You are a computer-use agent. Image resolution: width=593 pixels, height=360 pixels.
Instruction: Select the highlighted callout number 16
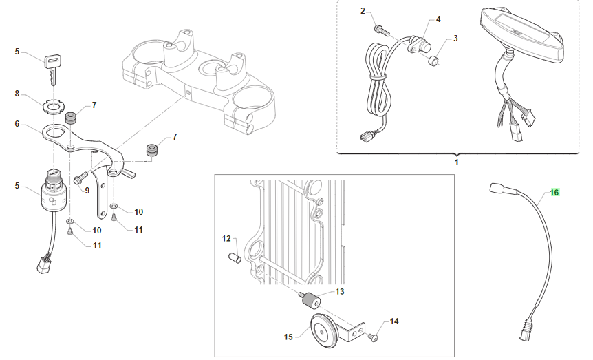click(x=554, y=193)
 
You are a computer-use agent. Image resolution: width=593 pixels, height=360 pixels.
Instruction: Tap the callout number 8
click(x=17, y=93)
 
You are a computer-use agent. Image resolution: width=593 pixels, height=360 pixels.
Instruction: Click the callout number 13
click(x=339, y=292)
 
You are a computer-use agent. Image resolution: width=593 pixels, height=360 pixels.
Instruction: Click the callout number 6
click(x=17, y=125)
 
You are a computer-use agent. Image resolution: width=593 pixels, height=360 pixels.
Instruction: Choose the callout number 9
click(x=87, y=190)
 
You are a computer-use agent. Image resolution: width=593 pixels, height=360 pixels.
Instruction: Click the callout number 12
click(x=226, y=239)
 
